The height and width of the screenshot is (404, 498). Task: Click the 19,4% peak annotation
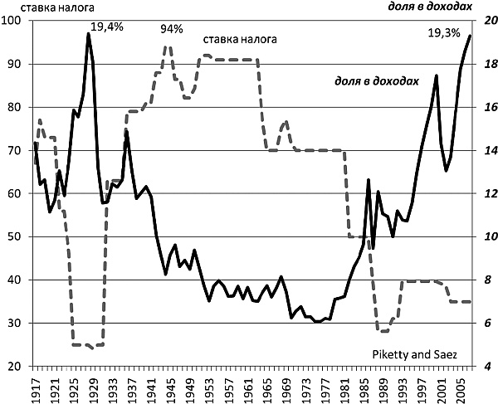(x=106, y=27)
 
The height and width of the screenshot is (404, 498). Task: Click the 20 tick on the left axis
(x=15, y=366)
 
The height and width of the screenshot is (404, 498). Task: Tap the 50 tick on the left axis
(x=15, y=236)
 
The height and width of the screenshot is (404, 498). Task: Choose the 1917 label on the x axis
(x=36, y=387)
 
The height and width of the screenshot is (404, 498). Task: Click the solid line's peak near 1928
(x=89, y=34)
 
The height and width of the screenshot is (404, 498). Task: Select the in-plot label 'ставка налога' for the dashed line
(x=240, y=39)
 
